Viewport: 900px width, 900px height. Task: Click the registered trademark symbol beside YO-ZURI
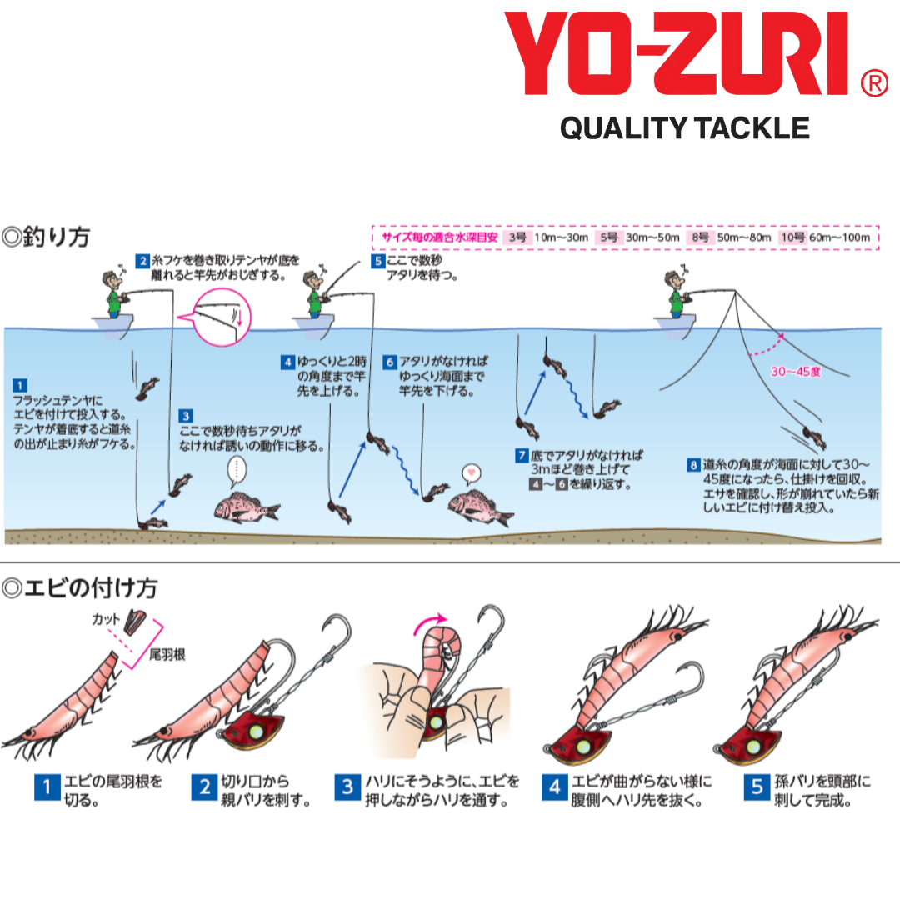pos(874,83)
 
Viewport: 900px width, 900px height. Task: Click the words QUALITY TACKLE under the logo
pos(684,128)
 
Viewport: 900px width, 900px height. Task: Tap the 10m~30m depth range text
pos(561,237)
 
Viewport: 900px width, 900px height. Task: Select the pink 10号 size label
pos(792,237)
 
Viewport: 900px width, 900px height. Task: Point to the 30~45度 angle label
pos(796,372)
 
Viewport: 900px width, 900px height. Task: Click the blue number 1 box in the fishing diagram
pos(19,385)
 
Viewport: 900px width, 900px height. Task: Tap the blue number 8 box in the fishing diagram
pos(694,465)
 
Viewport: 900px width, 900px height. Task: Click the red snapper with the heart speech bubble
pos(481,507)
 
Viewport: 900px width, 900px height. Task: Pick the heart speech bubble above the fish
pos(472,473)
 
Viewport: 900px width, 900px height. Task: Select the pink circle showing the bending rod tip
pos(221,317)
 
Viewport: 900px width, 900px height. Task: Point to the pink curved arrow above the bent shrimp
pos(429,623)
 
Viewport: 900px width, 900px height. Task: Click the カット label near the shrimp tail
pos(106,619)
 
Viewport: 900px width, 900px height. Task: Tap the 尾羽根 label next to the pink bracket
pos(167,654)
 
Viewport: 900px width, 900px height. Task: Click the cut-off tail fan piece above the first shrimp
pos(136,622)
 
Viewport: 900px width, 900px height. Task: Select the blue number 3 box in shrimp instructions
pos(347,787)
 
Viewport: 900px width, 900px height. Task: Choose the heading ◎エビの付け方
pos(79,588)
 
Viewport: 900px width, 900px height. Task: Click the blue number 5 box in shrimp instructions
pos(757,787)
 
